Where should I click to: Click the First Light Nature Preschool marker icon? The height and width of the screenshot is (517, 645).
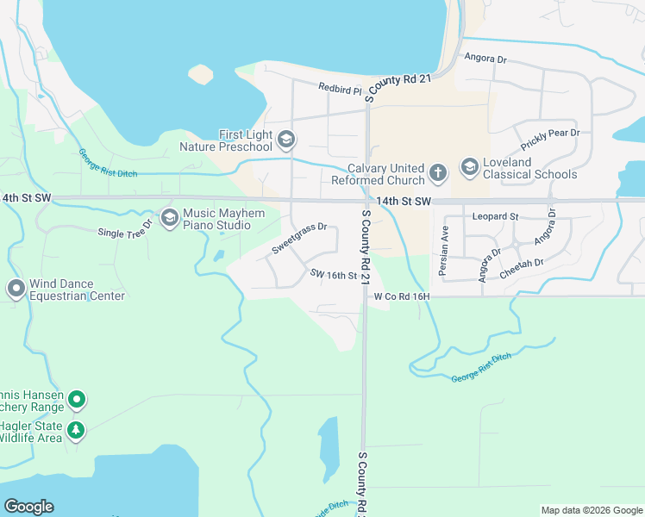[x=286, y=139]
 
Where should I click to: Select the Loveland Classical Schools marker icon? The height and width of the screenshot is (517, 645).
[x=470, y=166]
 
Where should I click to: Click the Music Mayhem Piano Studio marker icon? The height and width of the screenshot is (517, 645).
[x=168, y=215]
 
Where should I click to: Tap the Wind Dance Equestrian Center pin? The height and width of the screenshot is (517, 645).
[x=16, y=290]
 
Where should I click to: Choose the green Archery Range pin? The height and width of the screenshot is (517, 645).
[x=77, y=399]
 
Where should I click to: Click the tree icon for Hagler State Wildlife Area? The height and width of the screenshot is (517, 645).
[x=77, y=430]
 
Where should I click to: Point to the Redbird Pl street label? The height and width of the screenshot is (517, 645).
[x=340, y=88]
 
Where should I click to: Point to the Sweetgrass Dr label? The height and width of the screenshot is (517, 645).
[x=299, y=239]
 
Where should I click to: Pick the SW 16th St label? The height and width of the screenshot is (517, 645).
[x=334, y=275]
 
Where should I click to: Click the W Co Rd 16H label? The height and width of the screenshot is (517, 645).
[x=401, y=296]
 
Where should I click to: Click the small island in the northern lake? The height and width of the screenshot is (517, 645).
[x=200, y=75]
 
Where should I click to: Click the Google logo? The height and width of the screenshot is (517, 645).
[x=28, y=507]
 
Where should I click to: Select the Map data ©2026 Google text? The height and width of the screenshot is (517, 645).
[x=591, y=510]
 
